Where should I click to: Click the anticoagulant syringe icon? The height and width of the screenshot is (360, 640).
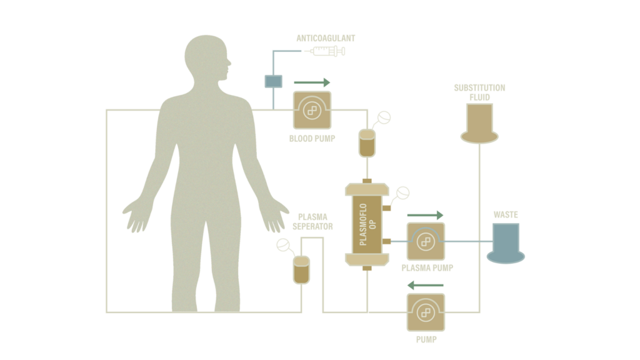pos(325,51)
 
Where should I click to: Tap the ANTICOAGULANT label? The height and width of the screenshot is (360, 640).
pos(326,38)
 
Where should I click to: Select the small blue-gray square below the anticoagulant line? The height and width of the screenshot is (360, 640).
pos(274,81)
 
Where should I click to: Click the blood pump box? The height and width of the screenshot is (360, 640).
pos(312,110)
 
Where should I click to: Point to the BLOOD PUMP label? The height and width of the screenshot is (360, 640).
pos(312,139)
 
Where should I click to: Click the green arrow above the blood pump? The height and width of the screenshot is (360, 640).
pos(312,82)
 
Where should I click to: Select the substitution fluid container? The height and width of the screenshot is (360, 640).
pos(479,123)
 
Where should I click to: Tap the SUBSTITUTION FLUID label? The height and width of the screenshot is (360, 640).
pos(479,92)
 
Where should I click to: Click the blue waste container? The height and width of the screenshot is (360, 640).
pos(506,243)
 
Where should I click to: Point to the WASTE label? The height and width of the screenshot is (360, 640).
pos(506,215)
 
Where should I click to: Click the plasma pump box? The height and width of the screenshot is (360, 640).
pos(426,242)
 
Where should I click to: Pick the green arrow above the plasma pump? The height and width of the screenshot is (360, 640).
pos(425,215)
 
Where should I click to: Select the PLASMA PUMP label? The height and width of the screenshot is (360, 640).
pos(427,268)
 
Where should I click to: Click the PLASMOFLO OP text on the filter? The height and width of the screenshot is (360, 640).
pos(367,224)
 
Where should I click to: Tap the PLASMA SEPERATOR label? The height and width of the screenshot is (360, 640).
pos(312,222)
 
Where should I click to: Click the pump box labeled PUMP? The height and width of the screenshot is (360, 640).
pos(426,312)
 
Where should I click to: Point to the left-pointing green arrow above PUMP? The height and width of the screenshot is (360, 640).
pos(425,285)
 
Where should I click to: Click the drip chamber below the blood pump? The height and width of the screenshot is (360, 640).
pos(367,143)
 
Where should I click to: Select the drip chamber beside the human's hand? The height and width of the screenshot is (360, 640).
pos(302,270)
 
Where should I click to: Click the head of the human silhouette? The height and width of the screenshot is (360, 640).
pos(207,57)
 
